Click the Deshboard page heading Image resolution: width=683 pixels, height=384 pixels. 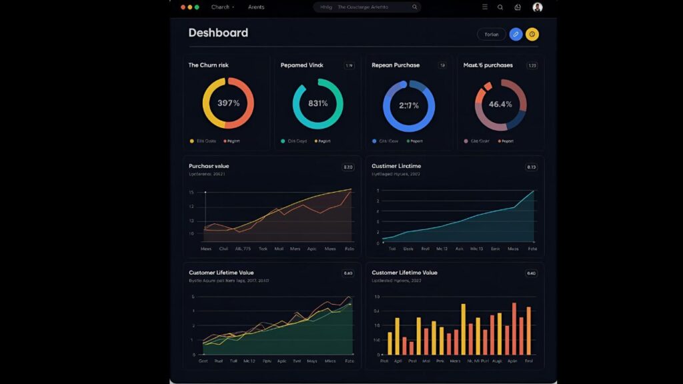pos(218,33)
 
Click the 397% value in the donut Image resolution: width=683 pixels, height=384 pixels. pos(228,103)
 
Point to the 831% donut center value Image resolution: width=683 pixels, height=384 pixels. pos(317,103)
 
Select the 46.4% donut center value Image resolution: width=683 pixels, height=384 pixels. pos(500,104)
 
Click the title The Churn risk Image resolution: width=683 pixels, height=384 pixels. pos(209,65)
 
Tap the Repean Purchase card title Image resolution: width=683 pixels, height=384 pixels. pos(396,65)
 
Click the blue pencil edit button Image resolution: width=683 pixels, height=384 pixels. pos(516,35)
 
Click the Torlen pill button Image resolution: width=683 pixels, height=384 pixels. pos(491,35)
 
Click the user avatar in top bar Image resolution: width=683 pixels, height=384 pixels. pos(538,7)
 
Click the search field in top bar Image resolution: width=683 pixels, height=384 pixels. pos(367,7)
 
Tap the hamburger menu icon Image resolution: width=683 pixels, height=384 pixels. pos(485,7)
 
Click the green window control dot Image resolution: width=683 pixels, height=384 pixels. pos(197,7)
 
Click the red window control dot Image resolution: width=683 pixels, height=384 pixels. pos(183,7)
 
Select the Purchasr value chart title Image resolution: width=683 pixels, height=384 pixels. pos(209,166)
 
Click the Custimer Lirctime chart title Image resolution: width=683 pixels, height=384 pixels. pos(396,166)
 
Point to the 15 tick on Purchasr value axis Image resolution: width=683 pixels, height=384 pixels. pos(191,193)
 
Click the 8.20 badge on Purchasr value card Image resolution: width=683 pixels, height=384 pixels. pos(348,167)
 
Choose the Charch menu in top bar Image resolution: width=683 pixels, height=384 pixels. pos(221,7)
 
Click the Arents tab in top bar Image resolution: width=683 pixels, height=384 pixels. pos(256,7)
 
